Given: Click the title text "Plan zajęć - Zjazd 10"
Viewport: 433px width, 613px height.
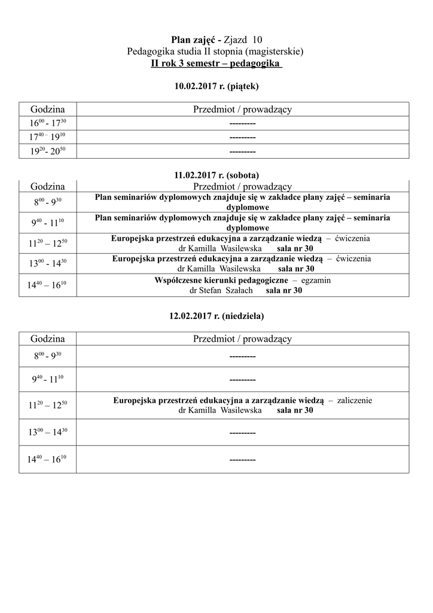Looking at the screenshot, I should point(216,40).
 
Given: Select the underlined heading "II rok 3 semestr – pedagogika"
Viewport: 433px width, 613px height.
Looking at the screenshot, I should point(216,63).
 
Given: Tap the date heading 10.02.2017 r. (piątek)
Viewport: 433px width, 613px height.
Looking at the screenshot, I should point(216,86).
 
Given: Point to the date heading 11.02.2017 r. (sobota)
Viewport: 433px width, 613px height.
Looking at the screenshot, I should point(216,175).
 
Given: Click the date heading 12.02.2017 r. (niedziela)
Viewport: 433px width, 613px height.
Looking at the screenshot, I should point(216,315).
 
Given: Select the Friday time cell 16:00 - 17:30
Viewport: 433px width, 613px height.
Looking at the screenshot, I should point(48,123).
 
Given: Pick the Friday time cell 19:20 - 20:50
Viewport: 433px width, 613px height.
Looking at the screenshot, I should point(48,151).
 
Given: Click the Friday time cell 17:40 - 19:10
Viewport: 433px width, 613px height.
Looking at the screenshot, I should point(48,137).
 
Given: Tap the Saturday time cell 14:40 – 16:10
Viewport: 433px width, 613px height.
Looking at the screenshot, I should point(48,286).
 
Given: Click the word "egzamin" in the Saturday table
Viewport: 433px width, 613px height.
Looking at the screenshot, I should point(316,280).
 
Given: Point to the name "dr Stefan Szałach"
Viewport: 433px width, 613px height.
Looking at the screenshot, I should point(221,290).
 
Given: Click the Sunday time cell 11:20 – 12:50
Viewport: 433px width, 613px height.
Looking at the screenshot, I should point(48,405).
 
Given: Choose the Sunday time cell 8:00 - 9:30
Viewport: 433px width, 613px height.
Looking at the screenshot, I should point(48,356).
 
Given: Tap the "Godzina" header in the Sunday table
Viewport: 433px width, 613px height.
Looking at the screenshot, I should point(48,339).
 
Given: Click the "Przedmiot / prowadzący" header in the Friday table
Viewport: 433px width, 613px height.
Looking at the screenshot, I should point(242,109).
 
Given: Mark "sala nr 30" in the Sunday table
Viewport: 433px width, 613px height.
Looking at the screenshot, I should point(295,411).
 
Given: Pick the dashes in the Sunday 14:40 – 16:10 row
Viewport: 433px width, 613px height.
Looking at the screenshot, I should point(242,460).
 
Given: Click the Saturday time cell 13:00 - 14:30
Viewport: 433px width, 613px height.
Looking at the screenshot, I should point(48,263).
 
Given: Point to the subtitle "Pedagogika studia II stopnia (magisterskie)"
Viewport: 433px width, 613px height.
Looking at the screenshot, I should point(216,51).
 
